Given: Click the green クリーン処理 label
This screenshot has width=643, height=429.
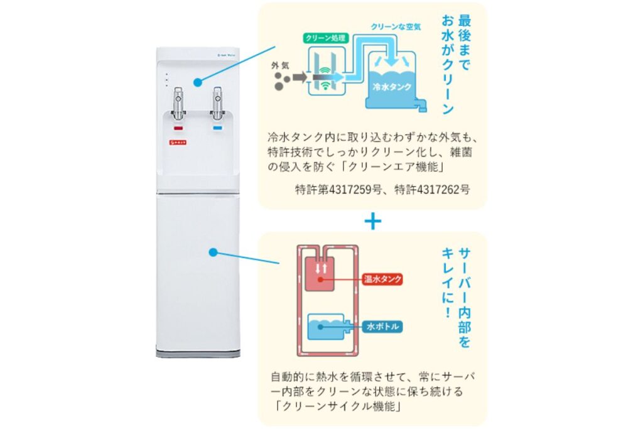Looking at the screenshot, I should tap(325, 37).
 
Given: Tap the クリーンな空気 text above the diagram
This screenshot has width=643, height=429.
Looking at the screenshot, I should tap(395, 27).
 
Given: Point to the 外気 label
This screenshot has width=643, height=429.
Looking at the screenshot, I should tap(281, 65).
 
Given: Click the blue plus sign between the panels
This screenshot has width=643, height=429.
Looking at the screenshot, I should tap(373, 220).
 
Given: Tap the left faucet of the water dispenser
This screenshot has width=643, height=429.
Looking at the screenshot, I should tap(178, 104).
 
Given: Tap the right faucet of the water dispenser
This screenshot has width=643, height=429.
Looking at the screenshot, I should tap(217, 104).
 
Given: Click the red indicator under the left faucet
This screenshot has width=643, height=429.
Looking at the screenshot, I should tap(178, 129).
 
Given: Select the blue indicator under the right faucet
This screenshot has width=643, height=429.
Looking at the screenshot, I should tap(217, 129).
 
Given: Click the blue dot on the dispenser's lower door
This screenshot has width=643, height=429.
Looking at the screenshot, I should tap(213, 253).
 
